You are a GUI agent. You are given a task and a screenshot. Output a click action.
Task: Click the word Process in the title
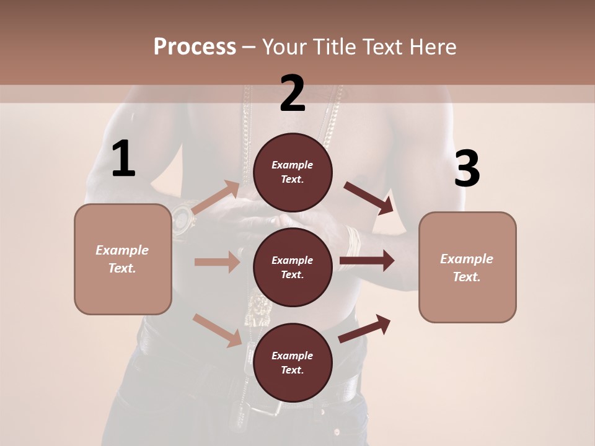[x=195, y=46]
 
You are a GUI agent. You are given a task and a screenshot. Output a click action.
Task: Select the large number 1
[x=123, y=159]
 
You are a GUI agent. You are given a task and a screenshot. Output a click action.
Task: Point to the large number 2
[x=293, y=94]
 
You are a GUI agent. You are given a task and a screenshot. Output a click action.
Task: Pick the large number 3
[x=467, y=169]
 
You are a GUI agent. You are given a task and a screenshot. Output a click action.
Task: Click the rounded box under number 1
[x=123, y=259]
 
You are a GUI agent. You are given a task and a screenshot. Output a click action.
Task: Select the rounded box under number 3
[x=467, y=268]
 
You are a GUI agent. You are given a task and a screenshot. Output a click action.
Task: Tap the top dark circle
[x=293, y=172]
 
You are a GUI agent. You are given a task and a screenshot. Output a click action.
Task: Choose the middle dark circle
[x=293, y=267]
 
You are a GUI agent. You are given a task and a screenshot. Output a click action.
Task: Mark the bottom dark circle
[x=293, y=362]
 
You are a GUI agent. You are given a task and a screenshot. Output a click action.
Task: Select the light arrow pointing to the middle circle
[x=217, y=262]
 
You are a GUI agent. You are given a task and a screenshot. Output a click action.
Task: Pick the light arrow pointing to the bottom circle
[x=218, y=330]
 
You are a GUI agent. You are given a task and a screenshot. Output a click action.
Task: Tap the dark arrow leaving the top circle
[x=369, y=198]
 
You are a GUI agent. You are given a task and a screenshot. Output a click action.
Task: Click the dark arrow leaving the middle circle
[x=366, y=261]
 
